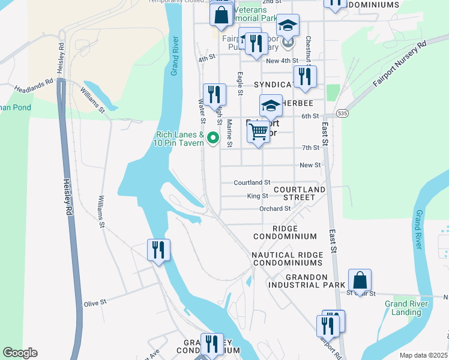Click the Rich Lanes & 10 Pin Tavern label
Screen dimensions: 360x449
(180, 139)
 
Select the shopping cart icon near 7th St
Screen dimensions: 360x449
(258, 131)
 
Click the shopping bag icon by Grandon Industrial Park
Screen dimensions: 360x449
(360, 280)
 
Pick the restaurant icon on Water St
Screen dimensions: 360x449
(214, 95)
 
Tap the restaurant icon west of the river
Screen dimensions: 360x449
(159, 250)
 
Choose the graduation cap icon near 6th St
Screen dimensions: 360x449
(271, 106)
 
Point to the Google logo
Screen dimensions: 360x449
(20, 353)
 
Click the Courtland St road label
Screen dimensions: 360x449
(252, 182)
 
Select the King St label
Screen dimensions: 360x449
(257, 196)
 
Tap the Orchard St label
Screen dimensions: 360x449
(274, 209)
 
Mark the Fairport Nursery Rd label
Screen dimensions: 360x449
(399, 64)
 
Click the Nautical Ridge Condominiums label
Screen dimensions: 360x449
(287, 259)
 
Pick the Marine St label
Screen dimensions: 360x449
(229, 133)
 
